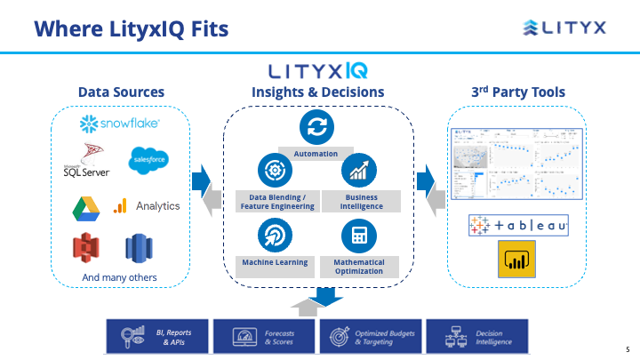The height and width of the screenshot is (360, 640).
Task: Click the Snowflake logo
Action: coord(121,123)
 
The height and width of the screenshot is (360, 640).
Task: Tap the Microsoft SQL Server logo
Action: coord(86,160)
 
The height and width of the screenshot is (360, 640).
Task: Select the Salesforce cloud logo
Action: coord(148,160)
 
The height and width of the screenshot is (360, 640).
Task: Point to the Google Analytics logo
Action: coord(147,206)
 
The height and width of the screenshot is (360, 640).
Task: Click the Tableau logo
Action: coord(518,227)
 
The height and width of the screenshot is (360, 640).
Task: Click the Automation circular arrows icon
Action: coord(316,125)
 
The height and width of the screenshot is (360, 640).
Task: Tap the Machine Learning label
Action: coord(275,262)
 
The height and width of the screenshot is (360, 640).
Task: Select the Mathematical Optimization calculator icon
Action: coord(359,235)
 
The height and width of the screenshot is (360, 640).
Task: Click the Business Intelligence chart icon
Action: coord(359,170)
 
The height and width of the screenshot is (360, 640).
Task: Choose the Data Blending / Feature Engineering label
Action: coord(276,202)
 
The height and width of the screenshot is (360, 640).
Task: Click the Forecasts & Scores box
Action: coord(264,337)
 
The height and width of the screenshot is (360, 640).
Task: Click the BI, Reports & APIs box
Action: coord(158,337)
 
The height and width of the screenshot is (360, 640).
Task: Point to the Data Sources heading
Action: coord(121,92)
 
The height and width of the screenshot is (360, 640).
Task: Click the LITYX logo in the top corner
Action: coord(564,28)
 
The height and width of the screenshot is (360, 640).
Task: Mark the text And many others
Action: coord(119,277)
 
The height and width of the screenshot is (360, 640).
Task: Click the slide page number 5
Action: coord(627,349)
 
